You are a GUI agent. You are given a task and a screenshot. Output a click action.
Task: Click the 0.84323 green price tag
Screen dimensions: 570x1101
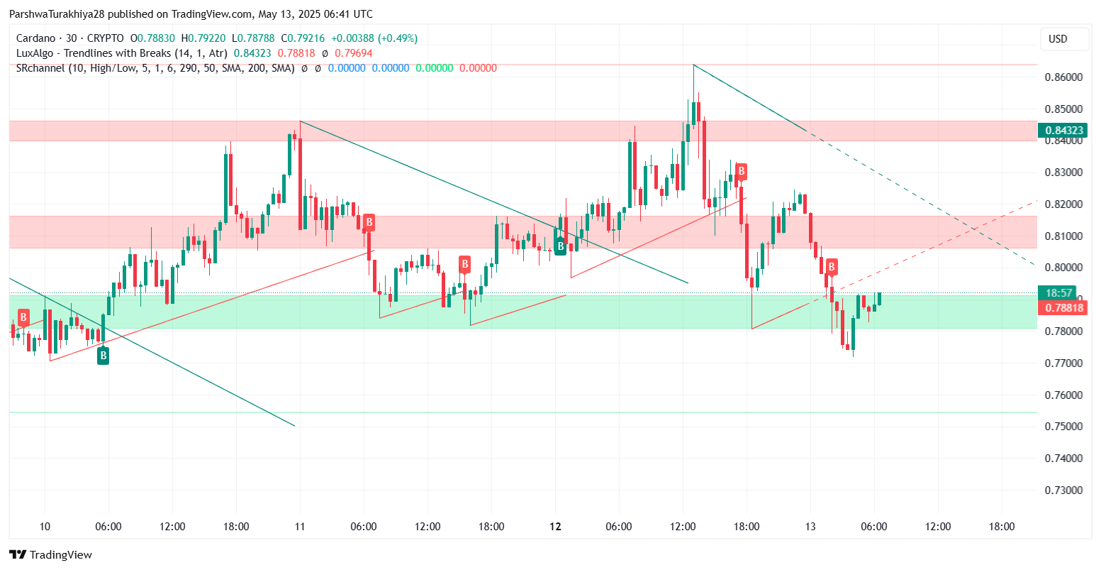coord(1063,130)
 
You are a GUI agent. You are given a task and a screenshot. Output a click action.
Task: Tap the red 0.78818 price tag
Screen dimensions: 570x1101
coord(1063,307)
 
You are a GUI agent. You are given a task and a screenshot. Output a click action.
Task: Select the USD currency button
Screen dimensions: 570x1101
coord(1058,39)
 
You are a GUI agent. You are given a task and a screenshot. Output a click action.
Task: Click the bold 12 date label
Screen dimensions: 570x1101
coord(555,527)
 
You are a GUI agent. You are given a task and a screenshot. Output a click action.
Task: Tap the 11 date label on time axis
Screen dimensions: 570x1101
coord(300,527)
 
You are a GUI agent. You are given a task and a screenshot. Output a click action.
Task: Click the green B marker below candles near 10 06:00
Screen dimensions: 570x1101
coord(103,355)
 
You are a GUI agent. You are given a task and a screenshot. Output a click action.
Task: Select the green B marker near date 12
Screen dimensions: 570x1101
coord(560,246)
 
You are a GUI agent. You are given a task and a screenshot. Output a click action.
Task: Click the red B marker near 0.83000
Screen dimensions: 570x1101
coord(741,171)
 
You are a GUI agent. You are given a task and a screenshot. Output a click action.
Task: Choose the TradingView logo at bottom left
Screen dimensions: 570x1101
coord(50,554)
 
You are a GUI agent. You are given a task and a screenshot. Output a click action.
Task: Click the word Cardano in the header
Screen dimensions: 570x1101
coord(35,38)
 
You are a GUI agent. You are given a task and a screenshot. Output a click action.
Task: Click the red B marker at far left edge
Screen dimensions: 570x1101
coord(23,317)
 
